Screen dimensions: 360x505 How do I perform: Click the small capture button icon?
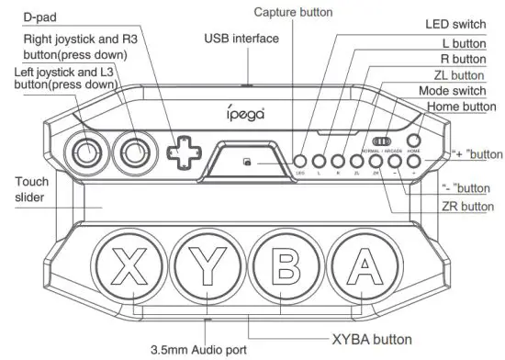pyautogui.click(x=247, y=163)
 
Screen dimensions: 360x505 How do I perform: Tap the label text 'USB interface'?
pyautogui.click(x=241, y=40)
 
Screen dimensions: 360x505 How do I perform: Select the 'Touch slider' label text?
pyautogui.click(x=31, y=190)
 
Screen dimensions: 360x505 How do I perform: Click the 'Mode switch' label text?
pyautogui.click(x=452, y=91)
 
